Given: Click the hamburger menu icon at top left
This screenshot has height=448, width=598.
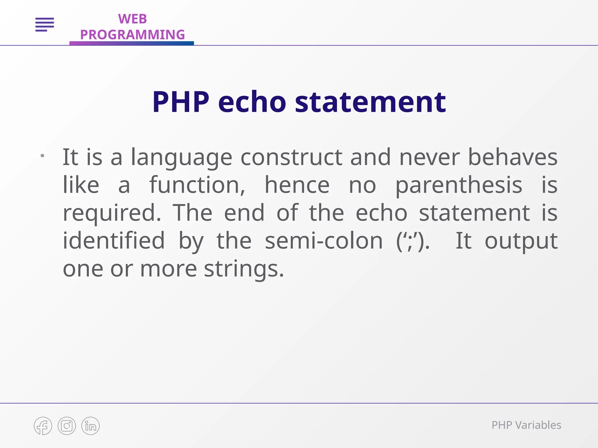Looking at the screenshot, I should click(45, 24).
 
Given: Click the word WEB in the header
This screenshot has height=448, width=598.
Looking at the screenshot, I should click(132, 19).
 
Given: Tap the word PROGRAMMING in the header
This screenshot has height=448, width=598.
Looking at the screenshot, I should click(132, 35).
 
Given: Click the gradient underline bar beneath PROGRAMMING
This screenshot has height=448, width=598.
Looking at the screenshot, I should click(131, 43).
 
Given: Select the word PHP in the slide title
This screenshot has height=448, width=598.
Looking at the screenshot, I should click(181, 102).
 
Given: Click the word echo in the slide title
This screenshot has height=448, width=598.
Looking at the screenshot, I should click(252, 102).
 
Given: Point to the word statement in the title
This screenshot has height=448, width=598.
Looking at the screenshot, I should click(370, 102).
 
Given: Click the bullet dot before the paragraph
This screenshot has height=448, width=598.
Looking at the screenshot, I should click(42, 156).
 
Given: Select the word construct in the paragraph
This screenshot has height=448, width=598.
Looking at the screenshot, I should click(291, 157).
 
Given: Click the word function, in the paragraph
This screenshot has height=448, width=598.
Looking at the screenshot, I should click(197, 185).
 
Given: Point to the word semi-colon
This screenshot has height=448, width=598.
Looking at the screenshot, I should click(324, 241).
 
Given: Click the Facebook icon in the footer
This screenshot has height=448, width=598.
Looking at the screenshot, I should click(43, 426).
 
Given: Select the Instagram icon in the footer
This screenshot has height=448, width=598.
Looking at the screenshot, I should click(67, 426).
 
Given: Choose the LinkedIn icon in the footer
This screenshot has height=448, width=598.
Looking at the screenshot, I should click(91, 426).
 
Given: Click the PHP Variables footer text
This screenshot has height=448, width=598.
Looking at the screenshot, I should click(526, 425).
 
